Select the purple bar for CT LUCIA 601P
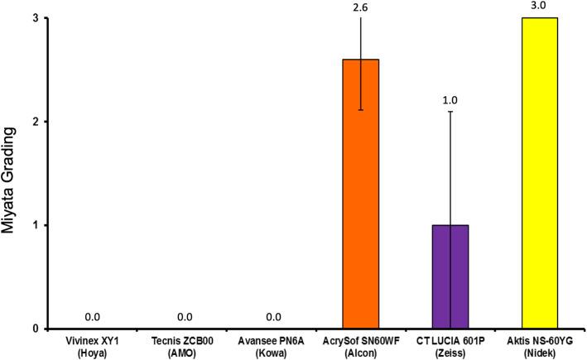click(x=448, y=277)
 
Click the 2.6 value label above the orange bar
click(x=360, y=7)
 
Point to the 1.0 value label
click(x=449, y=100)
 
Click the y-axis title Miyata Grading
click(x=11, y=173)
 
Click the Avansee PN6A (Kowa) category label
click(x=269, y=345)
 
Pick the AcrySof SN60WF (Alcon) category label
click(x=360, y=345)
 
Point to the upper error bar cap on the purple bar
click(x=449, y=112)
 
